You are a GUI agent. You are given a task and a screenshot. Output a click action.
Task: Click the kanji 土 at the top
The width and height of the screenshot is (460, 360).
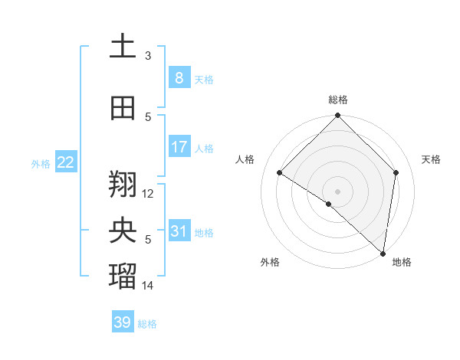pyautogui.click(x=123, y=47)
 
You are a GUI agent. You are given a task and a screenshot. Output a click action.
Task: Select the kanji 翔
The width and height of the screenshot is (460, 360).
pyautogui.click(x=123, y=184)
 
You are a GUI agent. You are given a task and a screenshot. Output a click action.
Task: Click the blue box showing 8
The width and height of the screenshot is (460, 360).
pyautogui.click(x=179, y=78)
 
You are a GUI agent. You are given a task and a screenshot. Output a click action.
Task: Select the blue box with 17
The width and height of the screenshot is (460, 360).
pyautogui.click(x=179, y=147)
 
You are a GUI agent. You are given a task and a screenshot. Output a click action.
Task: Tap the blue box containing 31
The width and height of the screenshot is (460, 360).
pyautogui.click(x=179, y=231)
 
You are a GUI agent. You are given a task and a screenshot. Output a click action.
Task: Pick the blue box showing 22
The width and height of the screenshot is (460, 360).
pyautogui.click(x=65, y=162)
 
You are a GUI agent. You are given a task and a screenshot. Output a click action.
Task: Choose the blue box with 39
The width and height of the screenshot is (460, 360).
pyautogui.click(x=123, y=322)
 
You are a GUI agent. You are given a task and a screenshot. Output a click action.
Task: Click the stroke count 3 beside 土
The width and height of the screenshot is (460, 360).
pyautogui.click(x=148, y=56)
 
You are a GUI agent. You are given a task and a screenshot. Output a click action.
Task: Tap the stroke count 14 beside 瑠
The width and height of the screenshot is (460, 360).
pyautogui.click(x=148, y=286)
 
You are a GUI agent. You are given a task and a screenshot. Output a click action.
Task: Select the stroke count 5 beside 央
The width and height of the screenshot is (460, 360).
pyautogui.click(x=148, y=240)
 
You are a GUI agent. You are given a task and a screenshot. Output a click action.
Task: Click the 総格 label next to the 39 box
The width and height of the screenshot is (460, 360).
pyautogui.click(x=147, y=324)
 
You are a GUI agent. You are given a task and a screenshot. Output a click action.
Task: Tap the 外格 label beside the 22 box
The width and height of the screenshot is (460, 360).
pyautogui.click(x=41, y=164)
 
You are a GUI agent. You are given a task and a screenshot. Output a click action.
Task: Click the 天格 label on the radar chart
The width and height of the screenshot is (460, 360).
pyautogui.click(x=431, y=159)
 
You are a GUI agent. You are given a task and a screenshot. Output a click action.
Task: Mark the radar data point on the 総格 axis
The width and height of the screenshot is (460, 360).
pyautogui.click(x=337, y=116)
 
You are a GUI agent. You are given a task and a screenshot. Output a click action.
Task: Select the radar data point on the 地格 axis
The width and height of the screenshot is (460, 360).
pyautogui.click(x=383, y=253)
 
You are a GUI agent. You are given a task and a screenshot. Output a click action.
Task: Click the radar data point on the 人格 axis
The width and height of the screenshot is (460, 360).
pyautogui.click(x=280, y=173)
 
